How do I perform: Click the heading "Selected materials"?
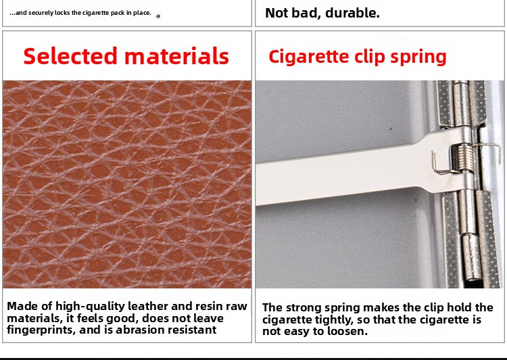click(126, 56)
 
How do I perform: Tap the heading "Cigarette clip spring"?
click(358, 57)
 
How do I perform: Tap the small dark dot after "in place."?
click(158, 16)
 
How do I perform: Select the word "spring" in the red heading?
click(418, 57)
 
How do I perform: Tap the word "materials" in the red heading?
click(176, 56)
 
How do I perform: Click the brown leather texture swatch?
click(127, 184)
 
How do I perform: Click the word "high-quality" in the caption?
click(91, 306)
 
